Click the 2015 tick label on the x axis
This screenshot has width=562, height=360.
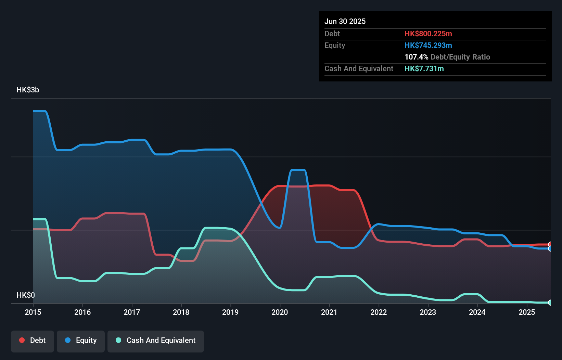(33, 312)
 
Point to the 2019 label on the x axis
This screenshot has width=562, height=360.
(230, 312)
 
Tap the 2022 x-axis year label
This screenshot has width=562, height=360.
(379, 312)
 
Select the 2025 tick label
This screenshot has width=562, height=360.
(527, 312)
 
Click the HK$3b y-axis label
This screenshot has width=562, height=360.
(28, 90)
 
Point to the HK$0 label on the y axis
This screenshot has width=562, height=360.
(26, 295)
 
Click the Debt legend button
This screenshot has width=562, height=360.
(33, 340)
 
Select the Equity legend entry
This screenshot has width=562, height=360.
(81, 340)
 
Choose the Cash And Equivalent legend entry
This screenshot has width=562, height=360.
(156, 340)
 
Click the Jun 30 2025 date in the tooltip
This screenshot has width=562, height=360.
(345, 21)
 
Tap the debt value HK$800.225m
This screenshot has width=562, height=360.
(428, 34)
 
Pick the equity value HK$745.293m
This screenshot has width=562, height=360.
(428, 45)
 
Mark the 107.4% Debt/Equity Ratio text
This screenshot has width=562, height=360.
(447, 57)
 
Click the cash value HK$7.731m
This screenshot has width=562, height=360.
(424, 68)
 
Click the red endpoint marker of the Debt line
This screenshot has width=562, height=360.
(550, 244)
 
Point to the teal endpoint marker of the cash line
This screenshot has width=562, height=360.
(550, 303)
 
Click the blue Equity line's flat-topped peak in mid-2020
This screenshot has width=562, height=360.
(297, 170)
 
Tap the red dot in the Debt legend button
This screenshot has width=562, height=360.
(22, 340)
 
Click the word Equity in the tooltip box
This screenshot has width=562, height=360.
(335, 45)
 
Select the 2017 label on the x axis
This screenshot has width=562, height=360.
(132, 312)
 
